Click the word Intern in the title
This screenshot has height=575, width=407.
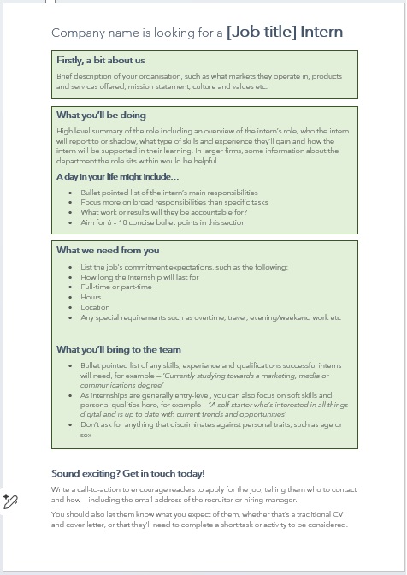coord(321,33)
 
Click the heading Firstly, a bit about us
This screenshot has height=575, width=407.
coord(101,61)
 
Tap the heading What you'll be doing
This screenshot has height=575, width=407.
coord(101,116)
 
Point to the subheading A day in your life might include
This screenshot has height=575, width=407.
coord(113,176)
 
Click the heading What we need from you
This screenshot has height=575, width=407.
coord(108,251)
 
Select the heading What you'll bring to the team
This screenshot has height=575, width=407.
coord(119,349)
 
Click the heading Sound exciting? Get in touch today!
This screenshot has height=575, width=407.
coord(128,473)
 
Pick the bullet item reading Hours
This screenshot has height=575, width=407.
coord(91,297)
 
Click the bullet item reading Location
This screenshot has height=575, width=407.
coord(95,307)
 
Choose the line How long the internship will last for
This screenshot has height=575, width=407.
coord(139,277)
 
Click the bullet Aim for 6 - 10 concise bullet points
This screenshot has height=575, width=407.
coord(162,222)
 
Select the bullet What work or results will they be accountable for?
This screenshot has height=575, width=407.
coord(163,212)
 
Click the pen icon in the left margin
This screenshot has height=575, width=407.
coord(10,501)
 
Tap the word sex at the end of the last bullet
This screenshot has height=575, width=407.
coord(86,435)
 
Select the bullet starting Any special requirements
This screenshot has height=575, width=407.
coord(210,317)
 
